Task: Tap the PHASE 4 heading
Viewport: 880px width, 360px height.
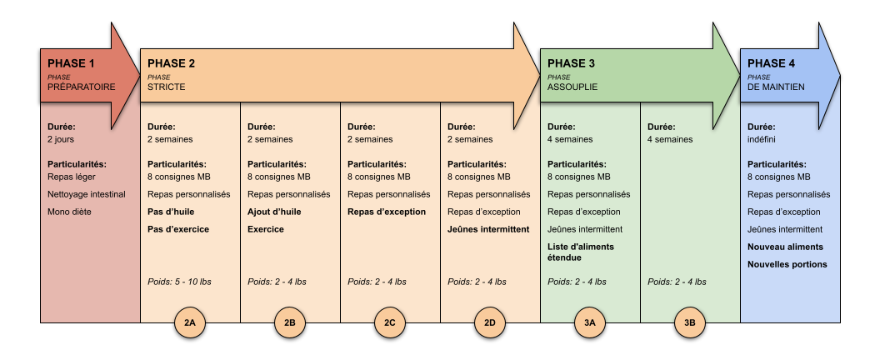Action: point(771,63)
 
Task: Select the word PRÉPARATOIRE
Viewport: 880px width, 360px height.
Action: point(82,87)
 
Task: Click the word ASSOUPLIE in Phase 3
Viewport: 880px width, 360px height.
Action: point(572,87)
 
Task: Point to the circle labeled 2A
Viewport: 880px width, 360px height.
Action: point(190,322)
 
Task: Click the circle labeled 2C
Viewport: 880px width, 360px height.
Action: point(389,322)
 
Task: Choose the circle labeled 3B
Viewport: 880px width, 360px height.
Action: point(690,322)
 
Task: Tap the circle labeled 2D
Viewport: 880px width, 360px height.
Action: point(490,322)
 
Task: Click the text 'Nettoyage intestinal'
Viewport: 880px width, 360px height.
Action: point(87,194)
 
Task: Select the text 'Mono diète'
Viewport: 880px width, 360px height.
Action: point(69,212)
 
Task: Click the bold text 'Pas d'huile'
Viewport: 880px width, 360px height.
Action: point(171,212)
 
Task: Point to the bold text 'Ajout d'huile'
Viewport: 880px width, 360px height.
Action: point(274,212)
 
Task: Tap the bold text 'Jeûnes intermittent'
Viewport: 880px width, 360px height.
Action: point(488,229)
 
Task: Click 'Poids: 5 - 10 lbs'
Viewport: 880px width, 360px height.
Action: point(180,282)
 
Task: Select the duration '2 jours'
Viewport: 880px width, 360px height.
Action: point(61,139)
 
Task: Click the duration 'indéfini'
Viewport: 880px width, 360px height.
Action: point(762,139)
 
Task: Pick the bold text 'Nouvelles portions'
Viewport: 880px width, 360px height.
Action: point(787,264)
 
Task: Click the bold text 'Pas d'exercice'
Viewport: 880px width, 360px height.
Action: point(178,229)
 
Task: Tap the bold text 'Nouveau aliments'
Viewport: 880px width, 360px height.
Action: point(785,247)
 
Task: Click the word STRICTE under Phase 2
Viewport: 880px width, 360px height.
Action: point(166,87)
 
